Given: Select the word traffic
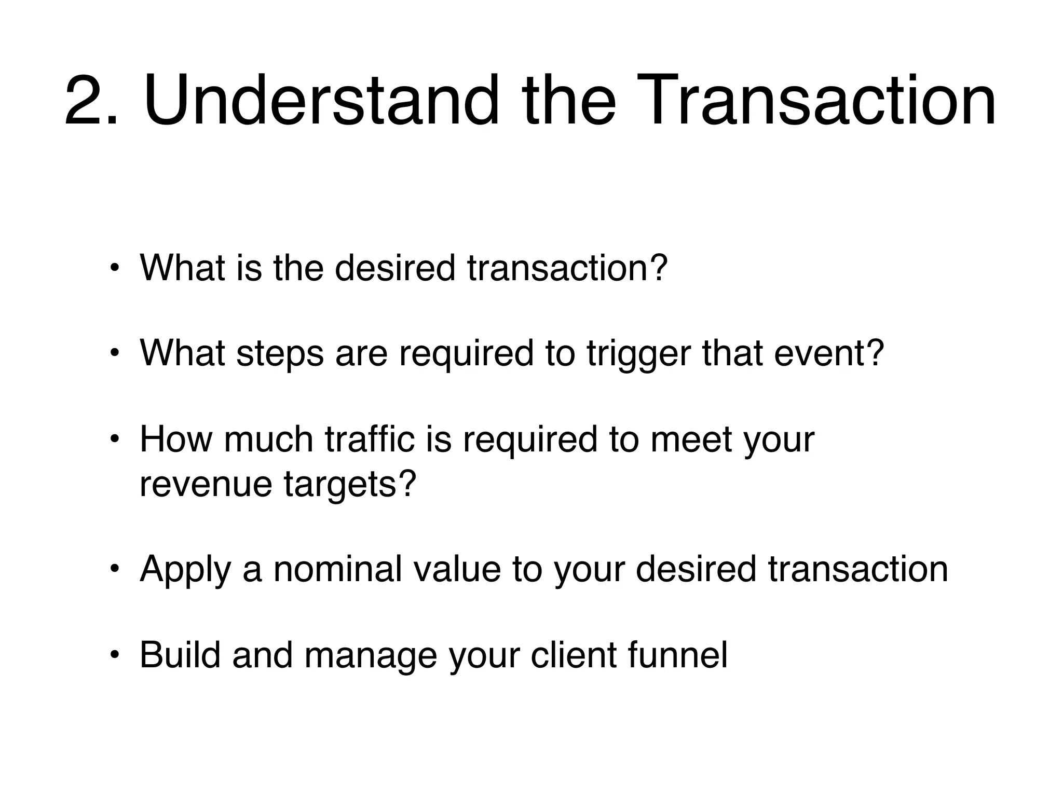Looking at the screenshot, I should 370,439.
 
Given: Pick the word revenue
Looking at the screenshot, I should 206,484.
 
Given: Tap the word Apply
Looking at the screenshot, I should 185,570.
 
